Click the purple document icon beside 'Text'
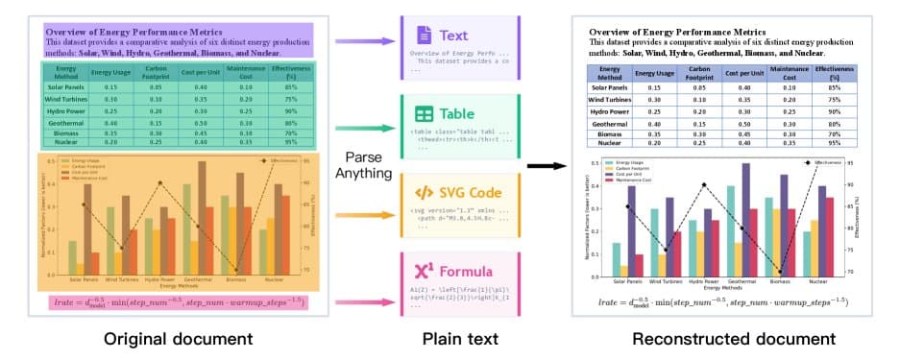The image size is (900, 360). pyautogui.click(x=423, y=36)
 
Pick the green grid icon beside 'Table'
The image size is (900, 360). pyautogui.click(x=423, y=113)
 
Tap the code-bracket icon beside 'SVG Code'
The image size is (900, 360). pyautogui.click(x=423, y=192)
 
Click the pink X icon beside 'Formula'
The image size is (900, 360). pyautogui.click(x=423, y=272)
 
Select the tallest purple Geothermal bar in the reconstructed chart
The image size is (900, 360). pyautogui.click(x=745, y=220)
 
